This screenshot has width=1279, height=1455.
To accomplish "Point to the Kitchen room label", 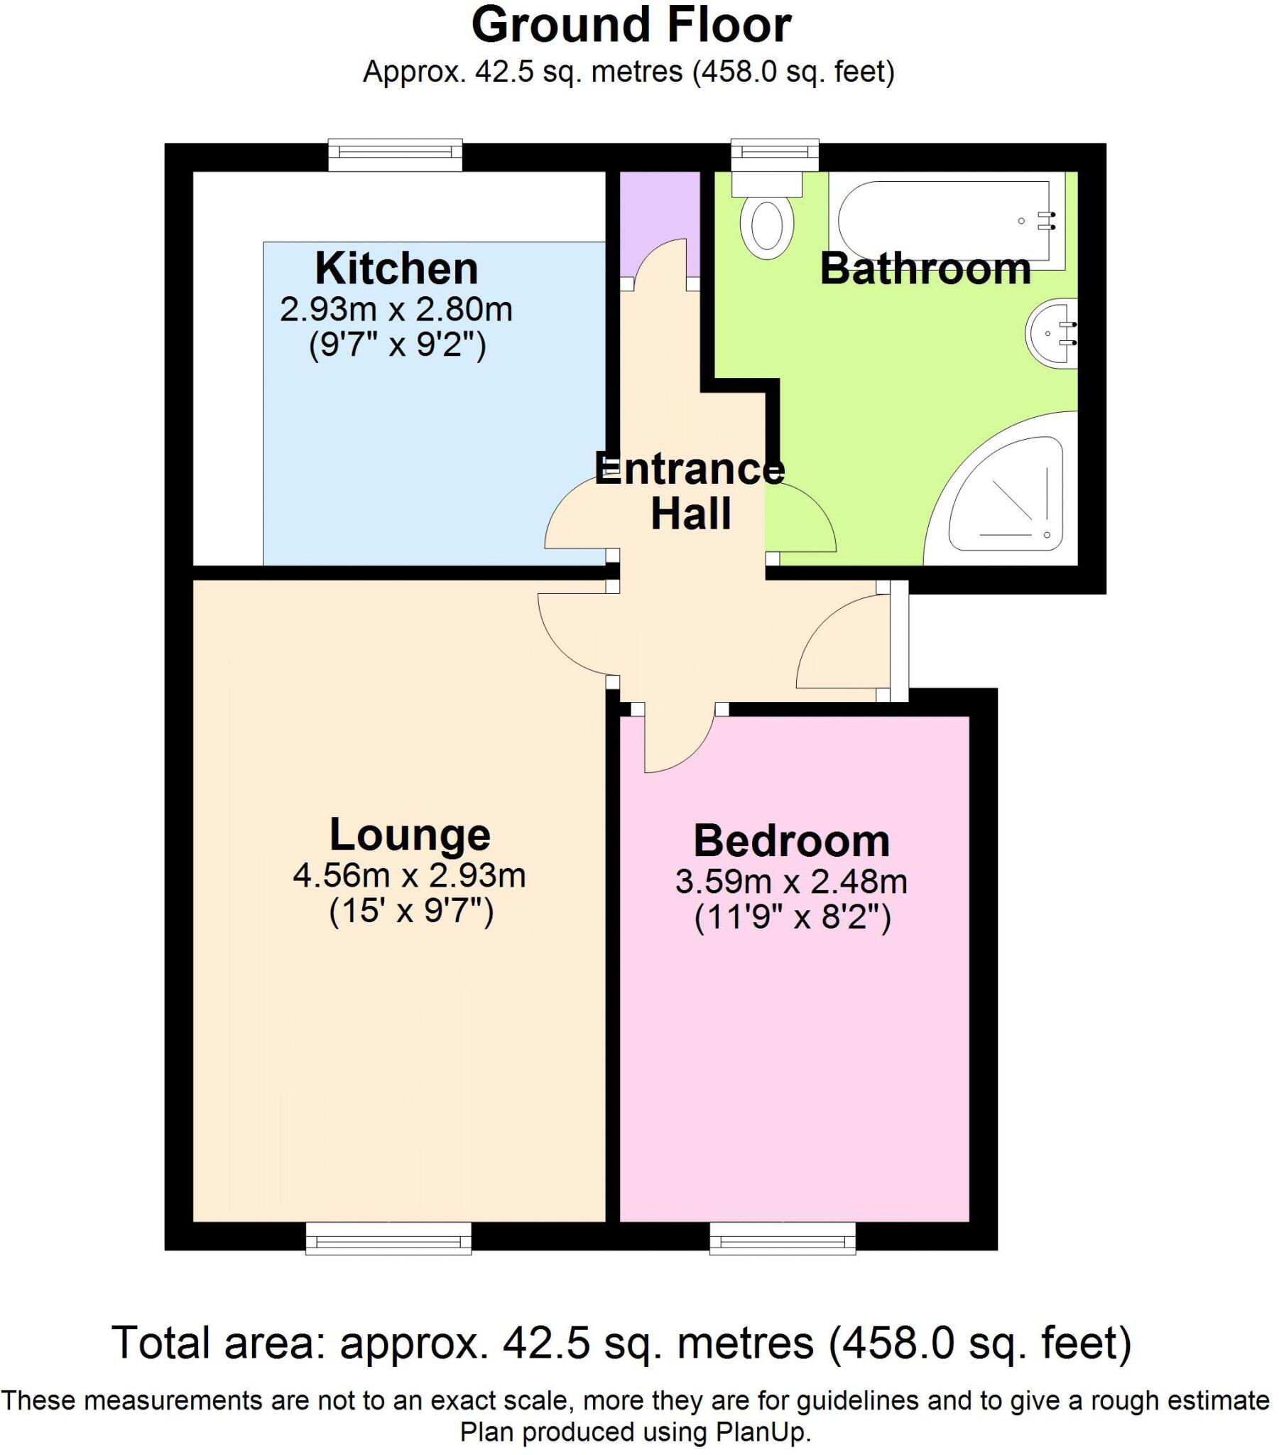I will pyautogui.click(x=396, y=269).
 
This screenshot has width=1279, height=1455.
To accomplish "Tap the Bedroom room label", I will pyautogui.click(x=791, y=840).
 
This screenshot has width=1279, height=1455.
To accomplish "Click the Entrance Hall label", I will pyautogui.click(x=690, y=490).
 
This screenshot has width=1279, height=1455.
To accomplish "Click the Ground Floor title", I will pyautogui.click(x=631, y=26).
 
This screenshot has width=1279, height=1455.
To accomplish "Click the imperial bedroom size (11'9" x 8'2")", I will pyautogui.click(x=792, y=918).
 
